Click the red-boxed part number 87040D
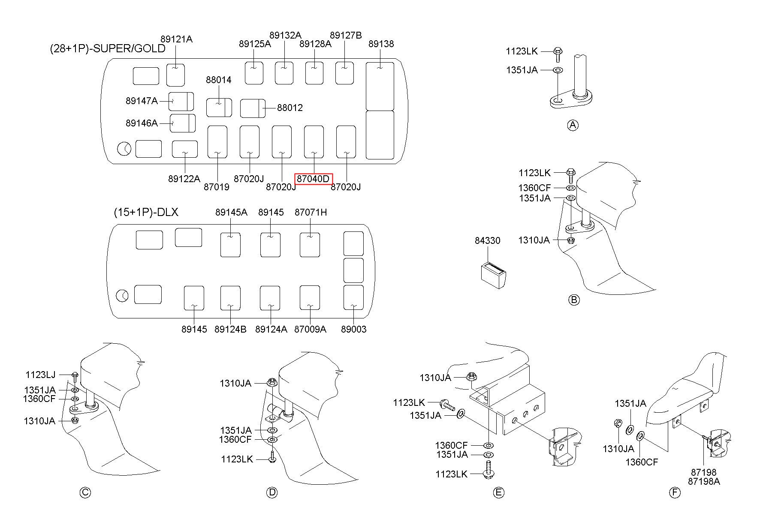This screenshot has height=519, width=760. (314, 179)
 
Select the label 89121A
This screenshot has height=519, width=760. (177, 39)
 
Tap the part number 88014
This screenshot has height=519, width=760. (218, 80)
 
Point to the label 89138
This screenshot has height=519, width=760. (381, 44)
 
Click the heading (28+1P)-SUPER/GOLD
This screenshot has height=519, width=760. (108, 48)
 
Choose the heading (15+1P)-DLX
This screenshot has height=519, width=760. (146, 212)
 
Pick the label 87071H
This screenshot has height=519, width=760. (311, 212)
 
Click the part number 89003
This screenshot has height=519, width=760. (354, 329)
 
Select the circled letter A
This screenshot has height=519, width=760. (573, 125)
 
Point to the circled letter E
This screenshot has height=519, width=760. (498, 492)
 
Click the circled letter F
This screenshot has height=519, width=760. (675, 492)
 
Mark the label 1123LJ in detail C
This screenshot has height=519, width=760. (40, 375)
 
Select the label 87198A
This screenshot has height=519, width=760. (704, 481)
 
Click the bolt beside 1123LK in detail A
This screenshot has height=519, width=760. (558, 52)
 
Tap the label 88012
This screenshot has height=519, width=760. (290, 108)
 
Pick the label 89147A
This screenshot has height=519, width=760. (142, 101)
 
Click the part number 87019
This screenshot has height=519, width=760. (216, 187)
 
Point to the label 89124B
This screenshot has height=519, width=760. (230, 329)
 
